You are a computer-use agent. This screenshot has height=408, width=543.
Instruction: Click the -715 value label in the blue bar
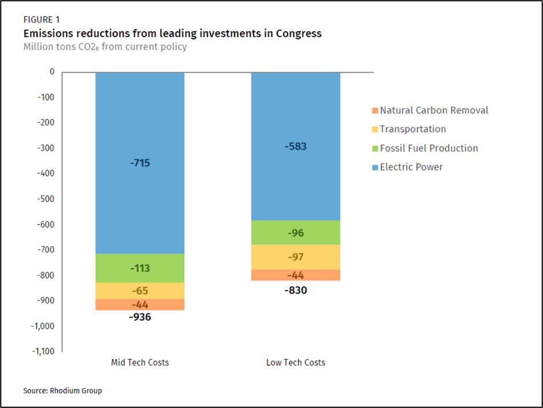click(140, 163)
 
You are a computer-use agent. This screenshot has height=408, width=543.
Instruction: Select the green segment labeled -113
click(140, 268)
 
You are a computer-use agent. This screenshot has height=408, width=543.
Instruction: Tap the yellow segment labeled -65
click(140, 291)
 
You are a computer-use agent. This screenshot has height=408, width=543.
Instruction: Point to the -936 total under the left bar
click(140, 317)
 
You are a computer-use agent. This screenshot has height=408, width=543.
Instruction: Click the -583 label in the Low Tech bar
click(295, 147)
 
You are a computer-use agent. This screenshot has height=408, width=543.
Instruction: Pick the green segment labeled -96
click(295, 233)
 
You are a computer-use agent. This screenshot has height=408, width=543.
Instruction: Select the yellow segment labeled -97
click(295, 257)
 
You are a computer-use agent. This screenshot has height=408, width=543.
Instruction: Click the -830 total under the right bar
click(295, 290)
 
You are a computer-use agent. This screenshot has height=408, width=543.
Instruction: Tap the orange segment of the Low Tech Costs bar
click(295, 275)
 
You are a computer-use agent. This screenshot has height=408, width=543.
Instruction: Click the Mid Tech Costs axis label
click(140, 363)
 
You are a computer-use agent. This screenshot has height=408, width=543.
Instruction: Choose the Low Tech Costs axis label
click(295, 363)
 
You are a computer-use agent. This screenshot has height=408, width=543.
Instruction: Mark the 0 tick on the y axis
click(51, 72)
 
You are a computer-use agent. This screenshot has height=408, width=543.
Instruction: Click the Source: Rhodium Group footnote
click(62, 391)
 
